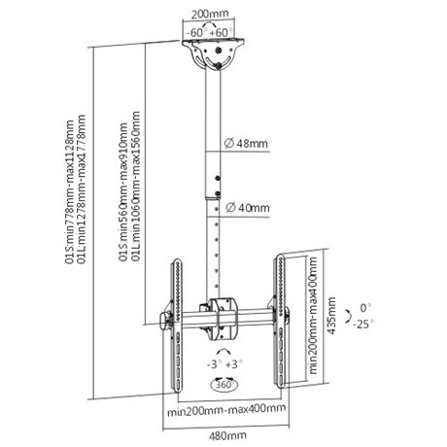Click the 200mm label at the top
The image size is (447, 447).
[210, 14]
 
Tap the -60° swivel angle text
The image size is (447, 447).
[196, 33]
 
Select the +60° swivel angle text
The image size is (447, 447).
[222, 33]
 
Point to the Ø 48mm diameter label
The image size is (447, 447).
[246, 143]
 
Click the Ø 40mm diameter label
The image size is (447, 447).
[248, 207]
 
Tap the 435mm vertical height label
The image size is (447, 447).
[331, 316]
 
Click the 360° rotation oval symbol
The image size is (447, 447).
[224, 385]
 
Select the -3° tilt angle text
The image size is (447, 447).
[214, 364]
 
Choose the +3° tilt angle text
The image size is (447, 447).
[234, 364]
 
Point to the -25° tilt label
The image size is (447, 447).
[363, 324]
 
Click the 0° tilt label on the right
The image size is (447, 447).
[365, 308]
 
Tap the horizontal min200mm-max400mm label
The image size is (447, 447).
[226, 410]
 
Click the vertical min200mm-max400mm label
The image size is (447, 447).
[313, 315]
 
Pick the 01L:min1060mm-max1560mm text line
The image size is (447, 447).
[136, 187]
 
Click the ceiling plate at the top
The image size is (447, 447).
[213, 53]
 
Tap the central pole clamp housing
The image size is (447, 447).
[223, 319]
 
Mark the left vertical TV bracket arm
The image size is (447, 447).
[176, 326]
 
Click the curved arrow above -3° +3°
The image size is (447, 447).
[223, 352]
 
